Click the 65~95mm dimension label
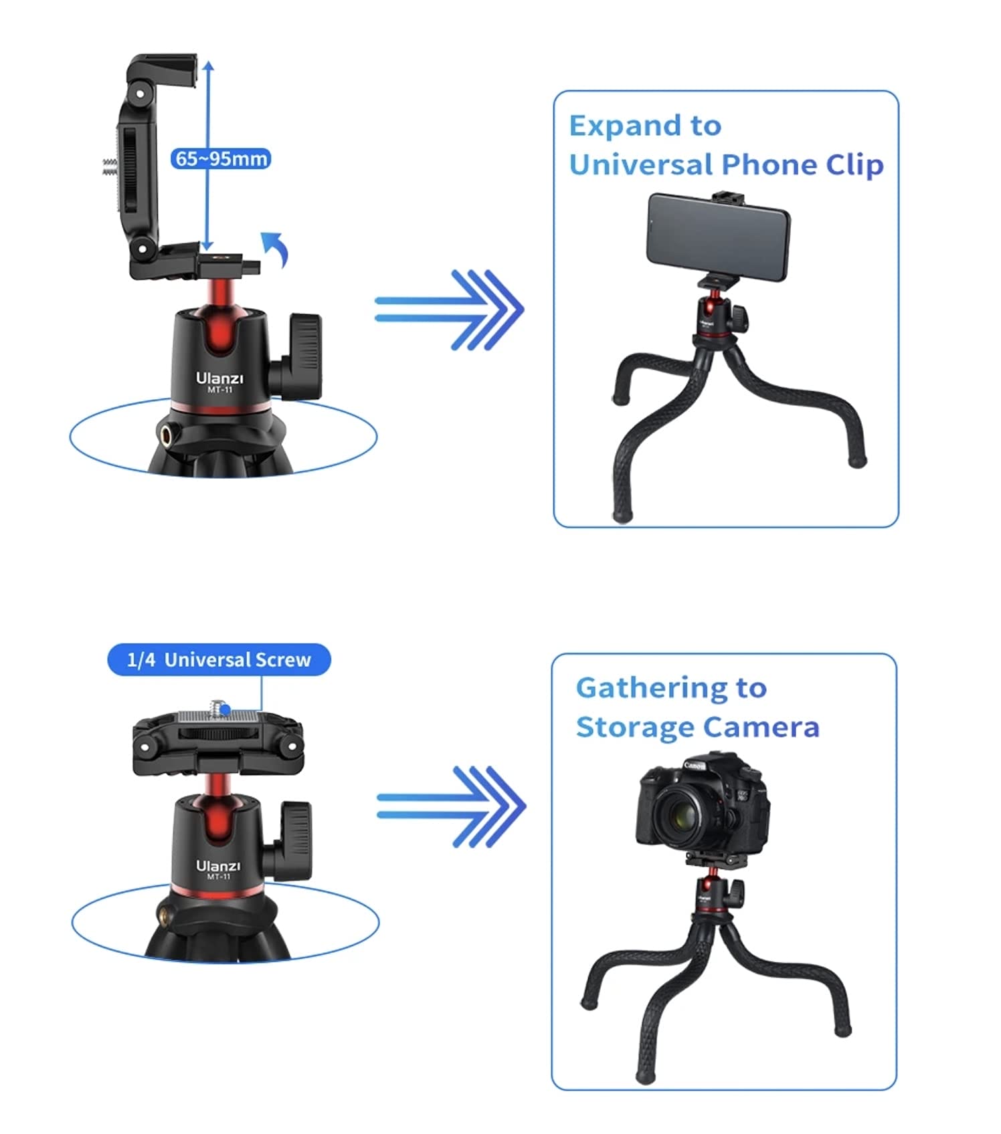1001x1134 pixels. (x=220, y=158)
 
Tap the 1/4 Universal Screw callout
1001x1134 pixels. (x=219, y=659)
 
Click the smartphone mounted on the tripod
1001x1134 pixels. (x=718, y=237)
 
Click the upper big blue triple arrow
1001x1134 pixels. (x=449, y=310)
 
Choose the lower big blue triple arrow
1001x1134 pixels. (x=451, y=806)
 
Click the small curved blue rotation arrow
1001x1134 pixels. (x=275, y=249)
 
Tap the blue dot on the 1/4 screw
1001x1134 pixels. (x=225, y=709)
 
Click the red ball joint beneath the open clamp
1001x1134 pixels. (x=219, y=314)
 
